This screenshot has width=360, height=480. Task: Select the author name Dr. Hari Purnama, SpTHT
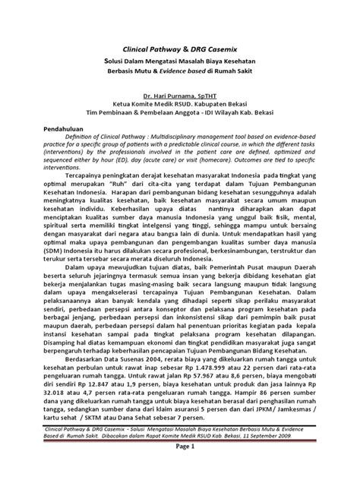tap(179, 97)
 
